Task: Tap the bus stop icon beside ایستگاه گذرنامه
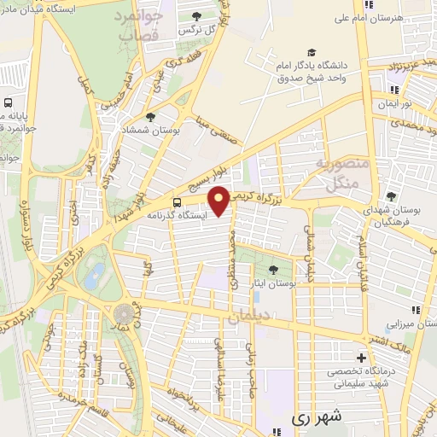tap(177, 202)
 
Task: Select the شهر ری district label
tap(316, 417)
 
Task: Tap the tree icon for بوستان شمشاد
tap(151, 117)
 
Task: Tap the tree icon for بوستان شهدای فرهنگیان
tap(391, 196)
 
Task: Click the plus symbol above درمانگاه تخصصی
tap(361, 357)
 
